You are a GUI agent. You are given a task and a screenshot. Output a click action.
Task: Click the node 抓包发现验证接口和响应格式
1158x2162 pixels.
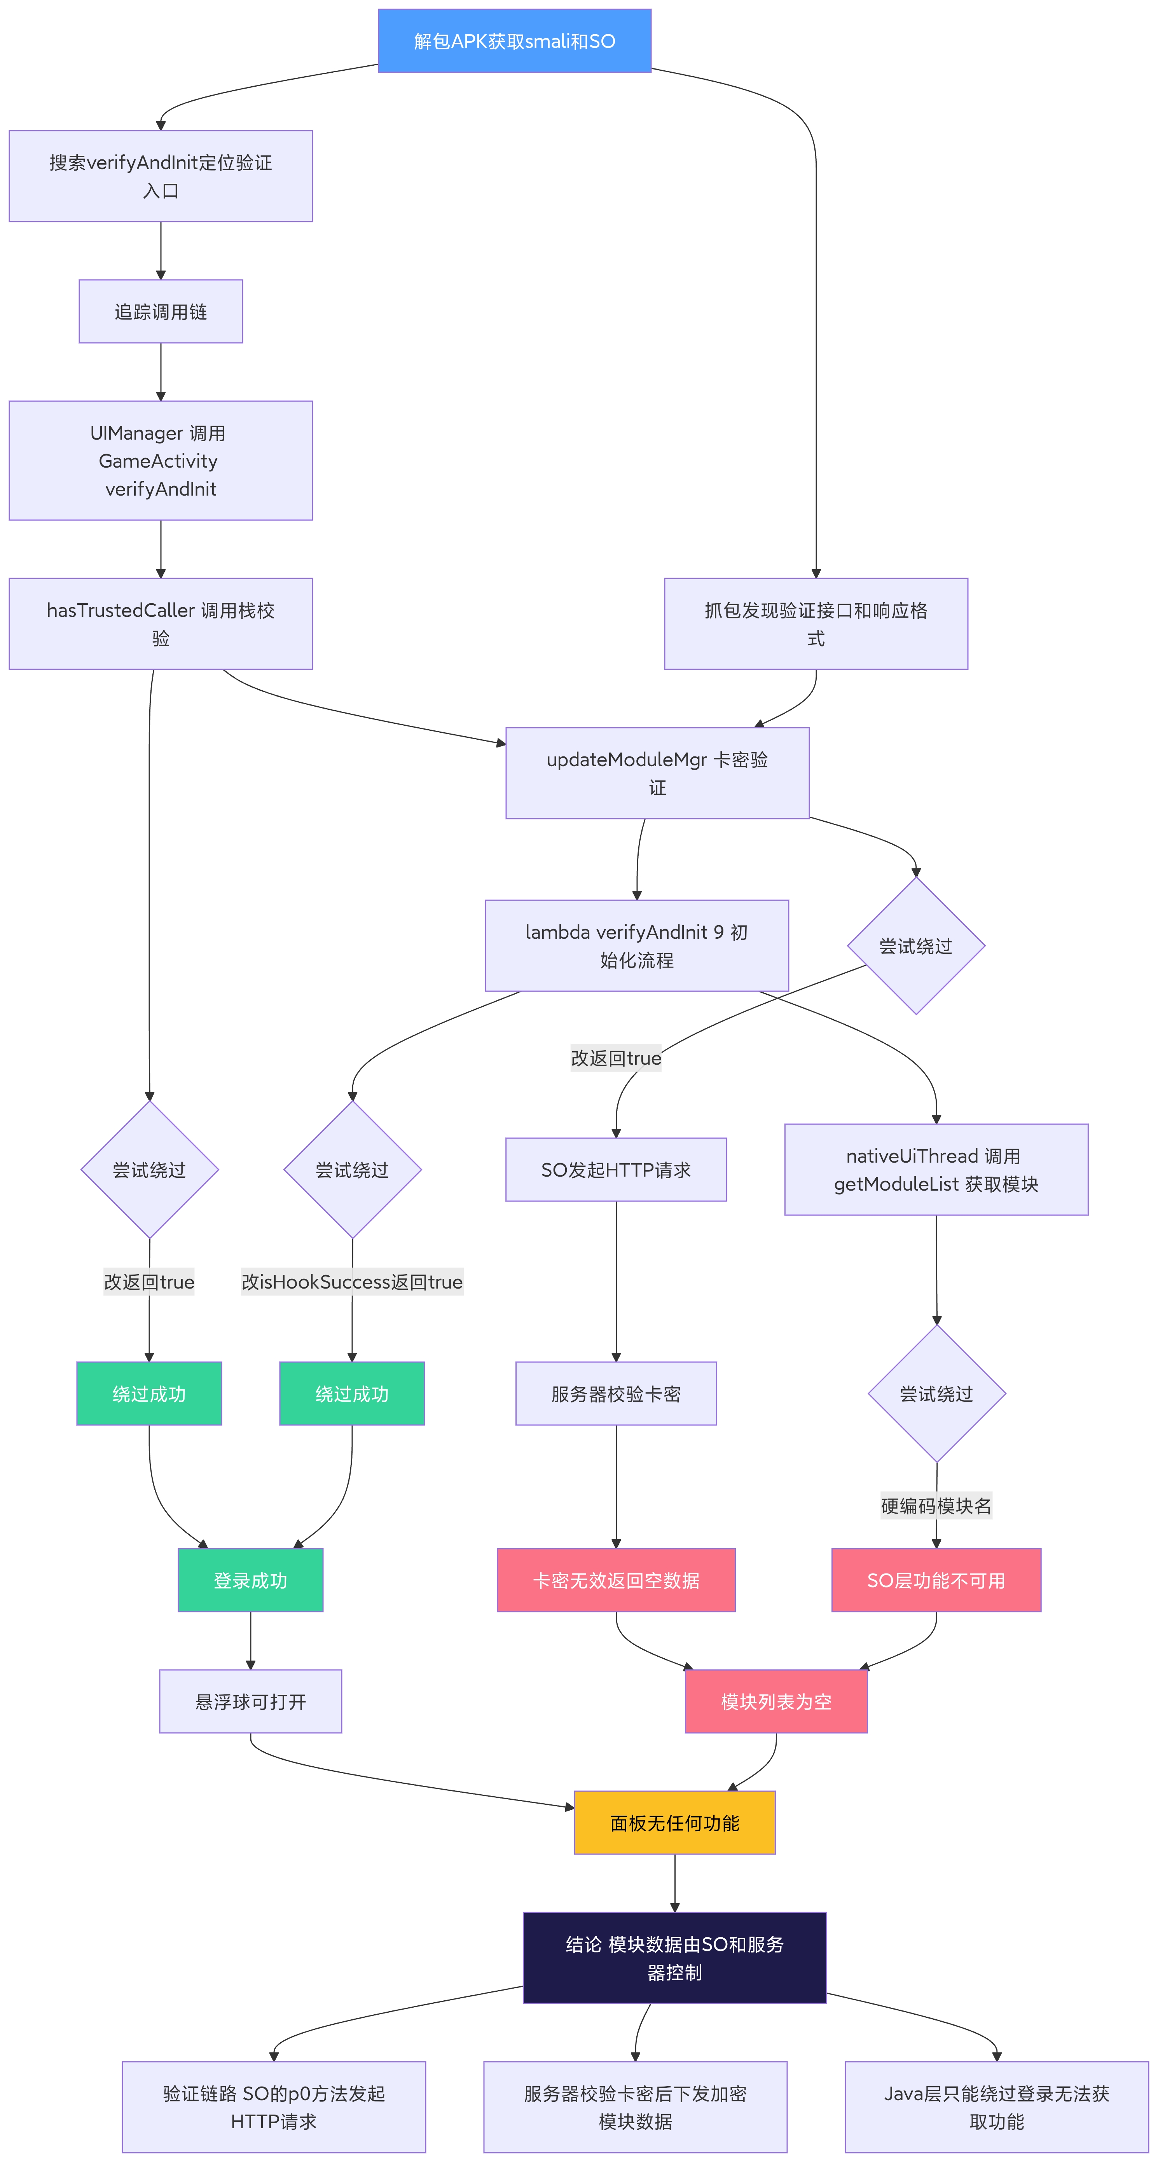tap(816, 623)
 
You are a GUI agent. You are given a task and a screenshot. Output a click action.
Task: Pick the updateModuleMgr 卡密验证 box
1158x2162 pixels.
tap(657, 773)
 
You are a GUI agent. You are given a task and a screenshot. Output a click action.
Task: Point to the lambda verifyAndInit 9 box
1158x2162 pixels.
tap(637, 946)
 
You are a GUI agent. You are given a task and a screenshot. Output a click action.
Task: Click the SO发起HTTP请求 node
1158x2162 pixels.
tap(616, 1170)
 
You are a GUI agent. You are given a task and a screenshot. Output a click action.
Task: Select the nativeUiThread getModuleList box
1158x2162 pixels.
tap(936, 1170)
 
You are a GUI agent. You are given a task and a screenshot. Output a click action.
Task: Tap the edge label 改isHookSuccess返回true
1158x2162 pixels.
tap(353, 1282)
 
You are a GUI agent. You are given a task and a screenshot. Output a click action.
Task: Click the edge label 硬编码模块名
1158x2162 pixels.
tap(936, 1506)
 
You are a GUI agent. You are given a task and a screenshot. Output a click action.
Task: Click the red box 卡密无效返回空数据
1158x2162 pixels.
tap(616, 1580)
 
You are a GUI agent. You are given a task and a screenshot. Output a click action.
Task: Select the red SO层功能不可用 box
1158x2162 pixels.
tap(936, 1580)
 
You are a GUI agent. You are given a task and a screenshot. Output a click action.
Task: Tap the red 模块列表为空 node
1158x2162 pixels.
tap(776, 1701)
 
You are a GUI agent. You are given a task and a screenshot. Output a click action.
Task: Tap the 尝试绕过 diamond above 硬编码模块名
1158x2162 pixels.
tap(936, 1393)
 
